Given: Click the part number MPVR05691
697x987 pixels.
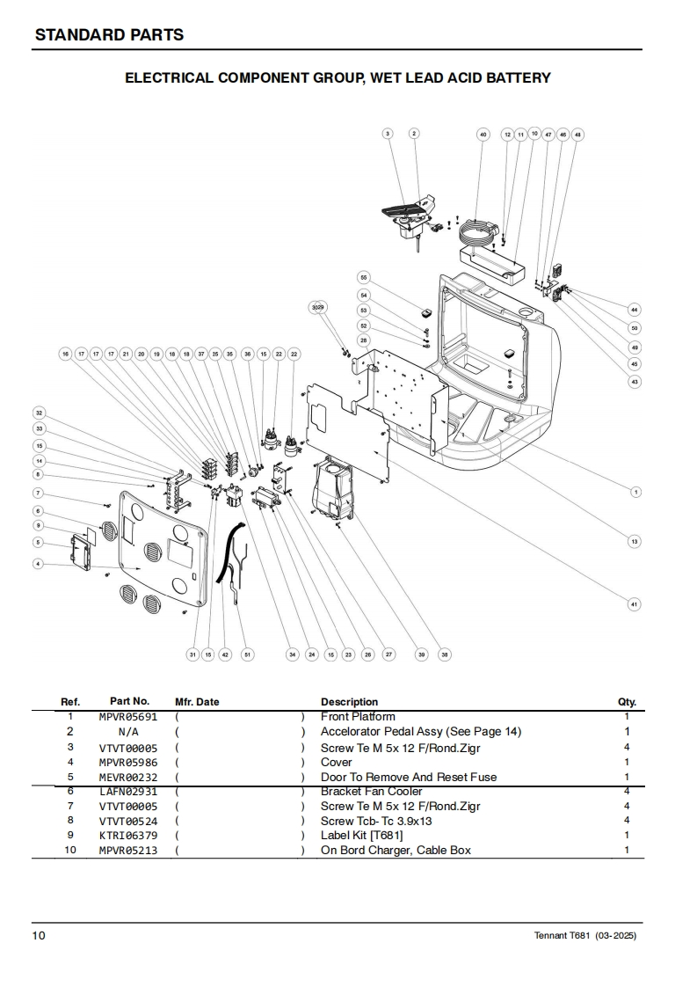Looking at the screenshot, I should tap(128, 717).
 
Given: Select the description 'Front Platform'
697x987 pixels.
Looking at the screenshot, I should tap(358, 717).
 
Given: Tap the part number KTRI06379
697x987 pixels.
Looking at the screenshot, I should tap(128, 836).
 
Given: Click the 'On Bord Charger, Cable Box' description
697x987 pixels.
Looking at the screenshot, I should tap(396, 851).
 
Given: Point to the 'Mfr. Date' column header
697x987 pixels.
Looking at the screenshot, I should tap(197, 702).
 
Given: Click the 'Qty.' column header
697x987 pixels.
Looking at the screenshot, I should tap(627, 702).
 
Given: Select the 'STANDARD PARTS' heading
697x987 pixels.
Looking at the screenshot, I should tap(109, 35).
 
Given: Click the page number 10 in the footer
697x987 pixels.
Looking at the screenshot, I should tap(39, 935).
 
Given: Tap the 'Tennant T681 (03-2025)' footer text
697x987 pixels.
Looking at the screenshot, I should tap(584, 935).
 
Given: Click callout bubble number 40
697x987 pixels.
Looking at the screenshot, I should tap(483, 135).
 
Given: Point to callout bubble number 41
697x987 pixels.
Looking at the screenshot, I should tap(634, 603).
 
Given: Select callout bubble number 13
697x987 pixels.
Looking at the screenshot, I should tap(635, 541).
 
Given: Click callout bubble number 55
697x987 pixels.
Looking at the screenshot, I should tap(364, 277).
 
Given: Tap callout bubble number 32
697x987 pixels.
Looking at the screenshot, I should tap(39, 413).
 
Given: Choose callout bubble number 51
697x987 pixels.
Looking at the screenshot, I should tap(247, 654).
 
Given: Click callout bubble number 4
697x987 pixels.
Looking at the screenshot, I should tap(38, 563).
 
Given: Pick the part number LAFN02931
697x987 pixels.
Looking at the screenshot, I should tap(128, 792).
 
